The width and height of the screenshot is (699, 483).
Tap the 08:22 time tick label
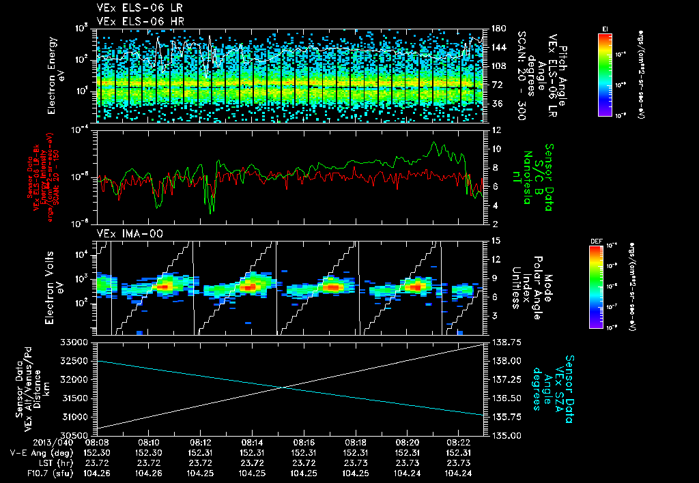tap(458, 441)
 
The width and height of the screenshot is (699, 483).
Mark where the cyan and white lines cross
tap(283, 387)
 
